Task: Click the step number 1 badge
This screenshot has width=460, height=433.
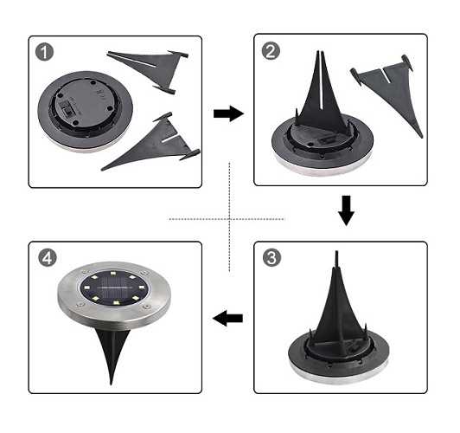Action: pyautogui.click(x=45, y=52)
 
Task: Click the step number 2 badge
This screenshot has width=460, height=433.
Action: pyautogui.click(x=271, y=50)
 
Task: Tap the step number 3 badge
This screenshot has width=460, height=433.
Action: pyautogui.click(x=272, y=257)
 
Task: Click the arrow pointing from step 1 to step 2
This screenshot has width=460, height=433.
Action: pyautogui.click(x=228, y=113)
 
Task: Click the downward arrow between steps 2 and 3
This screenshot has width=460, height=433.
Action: pyautogui.click(x=346, y=210)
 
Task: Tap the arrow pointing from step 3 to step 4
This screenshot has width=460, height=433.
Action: pyautogui.click(x=228, y=318)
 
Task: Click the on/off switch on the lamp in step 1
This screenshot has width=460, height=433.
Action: pyautogui.click(x=67, y=108)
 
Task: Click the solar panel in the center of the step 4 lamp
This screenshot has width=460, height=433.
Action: pyautogui.click(x=114, y=288)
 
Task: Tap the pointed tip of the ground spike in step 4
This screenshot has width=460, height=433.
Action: pyautogui.click(x=111, y=384)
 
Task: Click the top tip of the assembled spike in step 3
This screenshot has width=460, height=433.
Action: pyautogui.click(x=336, y=252)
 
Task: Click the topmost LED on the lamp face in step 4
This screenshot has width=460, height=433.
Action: pyautogui.click(x=113, y=273)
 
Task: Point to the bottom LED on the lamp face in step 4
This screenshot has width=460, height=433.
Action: pyautogui.click(x=116, y=302)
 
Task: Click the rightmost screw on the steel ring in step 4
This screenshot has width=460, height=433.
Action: pyautogui.click(x=146, y=307)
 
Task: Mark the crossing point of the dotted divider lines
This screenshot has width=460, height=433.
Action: pyautogui.click(x=229, y=219)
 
